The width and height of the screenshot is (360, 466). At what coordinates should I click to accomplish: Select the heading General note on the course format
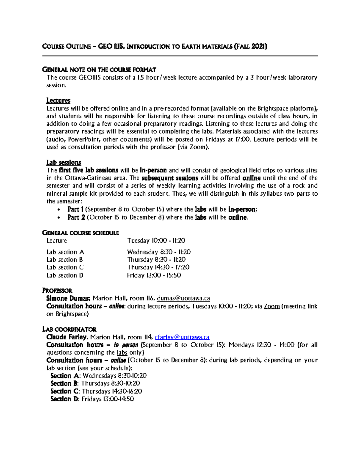pos(99,70)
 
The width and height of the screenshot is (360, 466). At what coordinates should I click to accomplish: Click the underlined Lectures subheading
pos(58,101)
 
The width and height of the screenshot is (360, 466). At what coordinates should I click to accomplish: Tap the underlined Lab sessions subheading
pos(64,163)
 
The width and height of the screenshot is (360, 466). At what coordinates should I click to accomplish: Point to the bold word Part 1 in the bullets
pos(76,209)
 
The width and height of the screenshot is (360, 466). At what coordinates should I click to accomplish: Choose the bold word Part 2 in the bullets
pos(76,217)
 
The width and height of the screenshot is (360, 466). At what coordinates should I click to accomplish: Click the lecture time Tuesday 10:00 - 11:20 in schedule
pos(156,241)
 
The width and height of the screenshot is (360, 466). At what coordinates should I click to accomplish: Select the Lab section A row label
pos(65,252)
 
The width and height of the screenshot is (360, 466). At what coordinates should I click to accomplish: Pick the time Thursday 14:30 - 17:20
pos(158,267)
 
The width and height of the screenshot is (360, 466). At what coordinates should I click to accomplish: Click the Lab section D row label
pos(65,275)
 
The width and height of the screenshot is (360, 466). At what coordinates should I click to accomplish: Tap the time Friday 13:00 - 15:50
pos(154,275)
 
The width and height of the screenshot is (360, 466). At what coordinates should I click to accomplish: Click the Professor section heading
pos(57,291)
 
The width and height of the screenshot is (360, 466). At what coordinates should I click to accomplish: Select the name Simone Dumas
pos(68,299)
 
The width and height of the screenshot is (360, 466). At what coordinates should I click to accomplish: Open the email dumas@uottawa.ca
pos(183,299)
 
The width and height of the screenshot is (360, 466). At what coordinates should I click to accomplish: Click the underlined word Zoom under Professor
pos(271,306)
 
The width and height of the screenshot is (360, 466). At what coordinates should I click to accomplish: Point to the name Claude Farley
pos(66,337)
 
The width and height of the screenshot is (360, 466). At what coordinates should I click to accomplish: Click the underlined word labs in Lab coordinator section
pos(122,353)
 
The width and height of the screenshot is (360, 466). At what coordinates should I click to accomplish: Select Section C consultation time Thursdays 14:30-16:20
pos(112,391)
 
